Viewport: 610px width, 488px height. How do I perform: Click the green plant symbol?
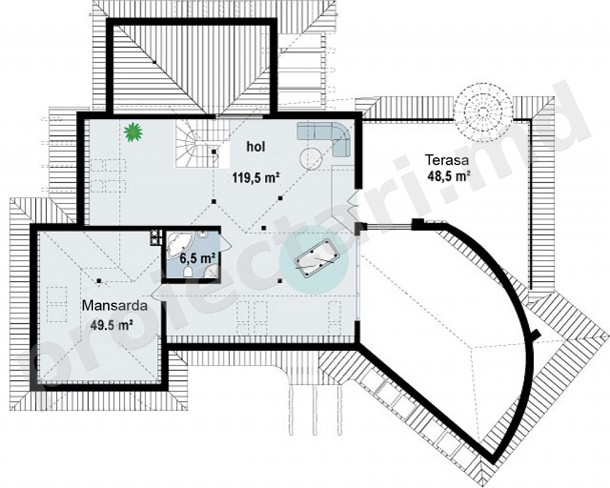(133, 131)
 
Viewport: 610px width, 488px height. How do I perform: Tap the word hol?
(256, 147)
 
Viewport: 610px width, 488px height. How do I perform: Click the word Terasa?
(447, 160)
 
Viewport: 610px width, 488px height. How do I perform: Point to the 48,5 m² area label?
(449, 176)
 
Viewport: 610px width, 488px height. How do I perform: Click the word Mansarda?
(115, 306)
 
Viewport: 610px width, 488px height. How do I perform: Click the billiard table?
(317, 257)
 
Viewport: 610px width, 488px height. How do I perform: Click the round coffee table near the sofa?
(311, 159)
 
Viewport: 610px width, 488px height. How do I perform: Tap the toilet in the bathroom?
(188, 272)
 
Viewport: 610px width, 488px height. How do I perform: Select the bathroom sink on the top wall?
(203, 234)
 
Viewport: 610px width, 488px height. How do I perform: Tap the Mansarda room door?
(157, 293)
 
